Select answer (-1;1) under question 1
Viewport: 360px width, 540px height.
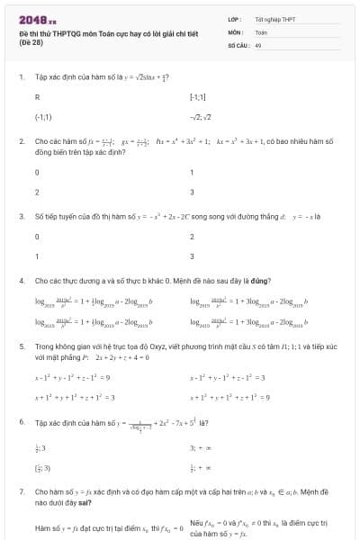tap(43, 117)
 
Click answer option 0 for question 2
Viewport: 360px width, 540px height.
tap(37, 171)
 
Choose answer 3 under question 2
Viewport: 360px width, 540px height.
tap(192, 193)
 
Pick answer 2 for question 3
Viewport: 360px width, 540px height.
tap(192, 236)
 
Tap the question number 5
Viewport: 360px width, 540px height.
tap(22, 345)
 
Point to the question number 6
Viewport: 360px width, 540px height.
tap(22, 421)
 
